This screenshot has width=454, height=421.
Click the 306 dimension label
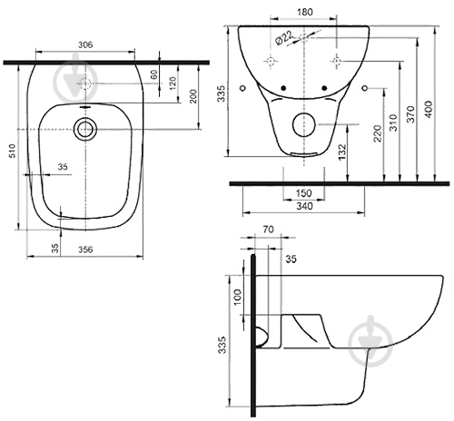pos(85,44)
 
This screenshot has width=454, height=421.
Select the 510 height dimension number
pos(12,151)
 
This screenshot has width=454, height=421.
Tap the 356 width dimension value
pos(85,250)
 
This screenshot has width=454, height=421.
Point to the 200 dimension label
pos(193,96)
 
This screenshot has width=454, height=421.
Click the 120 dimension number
pos(173,83)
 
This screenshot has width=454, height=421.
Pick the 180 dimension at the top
pos(305,12)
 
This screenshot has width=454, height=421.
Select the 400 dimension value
pos(429,110)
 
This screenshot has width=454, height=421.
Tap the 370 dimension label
pos(410,114)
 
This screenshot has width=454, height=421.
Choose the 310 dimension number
pos(393,122)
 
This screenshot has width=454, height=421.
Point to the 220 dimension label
pos(378,133)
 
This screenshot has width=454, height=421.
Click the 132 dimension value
pos(342,152)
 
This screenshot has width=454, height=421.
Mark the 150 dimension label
pos(303,192)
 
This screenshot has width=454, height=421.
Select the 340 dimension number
pos(304,206)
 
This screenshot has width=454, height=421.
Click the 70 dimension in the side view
pos(268,230)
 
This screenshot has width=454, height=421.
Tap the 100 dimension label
pos(238,297)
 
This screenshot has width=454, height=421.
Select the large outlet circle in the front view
pos(304,113)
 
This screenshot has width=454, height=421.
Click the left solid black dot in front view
pos(283,88)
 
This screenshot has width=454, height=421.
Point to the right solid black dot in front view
pos(324,88)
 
